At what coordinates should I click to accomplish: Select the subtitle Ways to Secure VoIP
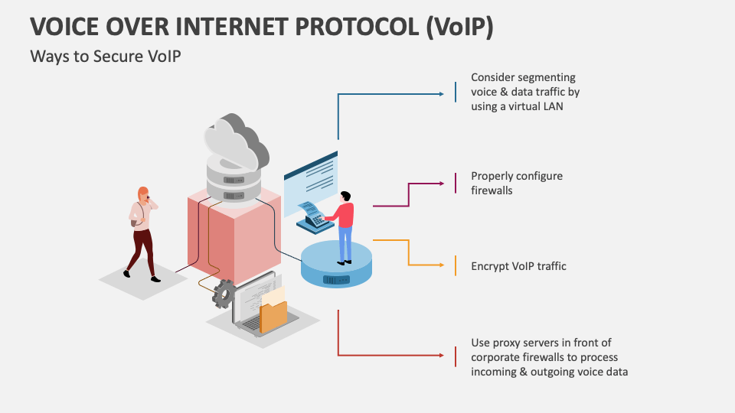click(106, 57)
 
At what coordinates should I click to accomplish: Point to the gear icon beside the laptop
click(224, 293)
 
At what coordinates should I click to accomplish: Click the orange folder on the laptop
click(273, 315)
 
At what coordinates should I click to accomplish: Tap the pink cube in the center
click(234, 237)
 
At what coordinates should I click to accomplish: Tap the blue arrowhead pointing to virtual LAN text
click(441, 94)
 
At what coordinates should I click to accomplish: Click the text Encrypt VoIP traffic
click(518, 266)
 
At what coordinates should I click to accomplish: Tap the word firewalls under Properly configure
click(492, 190)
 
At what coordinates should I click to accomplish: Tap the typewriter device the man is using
click(312, 216)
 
